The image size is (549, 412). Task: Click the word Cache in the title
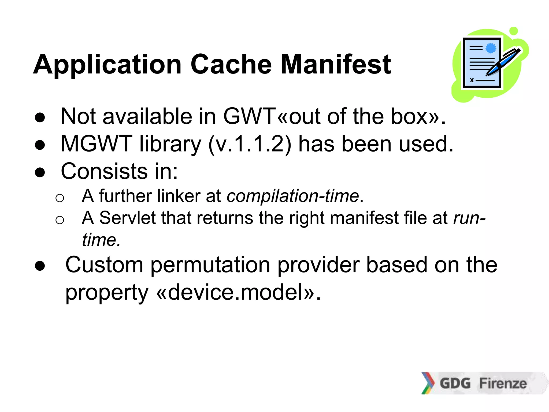(231, 64)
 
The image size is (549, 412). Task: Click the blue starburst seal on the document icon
(491, 48)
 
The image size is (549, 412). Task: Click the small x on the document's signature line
(472, 80)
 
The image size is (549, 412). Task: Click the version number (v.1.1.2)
(250, 144)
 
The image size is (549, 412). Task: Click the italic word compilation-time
(293, 196)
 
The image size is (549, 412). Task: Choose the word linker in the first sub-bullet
(179, 196)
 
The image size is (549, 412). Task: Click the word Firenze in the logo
(503, 383)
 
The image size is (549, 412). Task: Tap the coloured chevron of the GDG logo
(428, 383)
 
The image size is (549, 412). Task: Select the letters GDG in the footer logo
(455, 383)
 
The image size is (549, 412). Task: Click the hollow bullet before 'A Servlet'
(60, 220)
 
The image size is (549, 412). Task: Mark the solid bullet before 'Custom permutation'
(40, 266)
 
